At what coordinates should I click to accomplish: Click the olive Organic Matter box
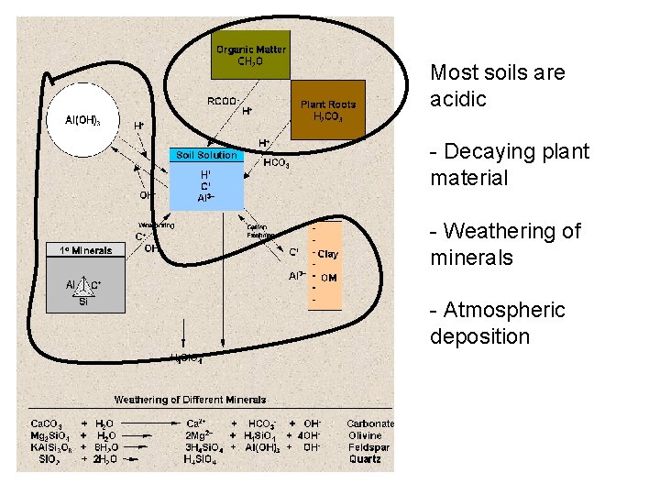pos(250,56)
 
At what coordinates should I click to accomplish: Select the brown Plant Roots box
pos(327,110)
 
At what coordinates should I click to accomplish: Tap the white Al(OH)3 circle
pos(82,120)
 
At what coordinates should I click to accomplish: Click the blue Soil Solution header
pos(207,155)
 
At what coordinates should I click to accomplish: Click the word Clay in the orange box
pos(327,254)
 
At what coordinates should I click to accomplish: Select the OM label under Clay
pos(328,277)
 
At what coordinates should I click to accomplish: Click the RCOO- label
pos(223,101)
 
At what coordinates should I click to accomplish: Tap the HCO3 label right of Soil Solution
pos(276,164)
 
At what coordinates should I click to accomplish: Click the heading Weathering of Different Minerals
pos(190,400)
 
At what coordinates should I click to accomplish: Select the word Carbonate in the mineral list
pos(370,423)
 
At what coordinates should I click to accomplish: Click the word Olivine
pos(365,435)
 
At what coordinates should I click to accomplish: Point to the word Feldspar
pos(368,447)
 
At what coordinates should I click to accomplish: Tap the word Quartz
pos(365,459)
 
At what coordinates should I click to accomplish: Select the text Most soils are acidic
pos(497,85)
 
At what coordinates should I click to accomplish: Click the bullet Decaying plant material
pos(510,165)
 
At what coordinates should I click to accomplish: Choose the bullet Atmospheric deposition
pos(498,324)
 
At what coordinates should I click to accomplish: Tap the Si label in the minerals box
pos(83,300)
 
